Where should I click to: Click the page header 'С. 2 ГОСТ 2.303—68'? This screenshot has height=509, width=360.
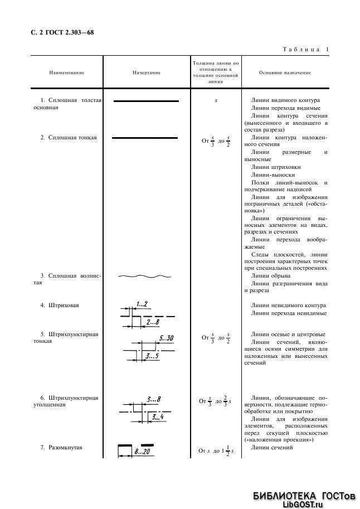(x=62, y=33)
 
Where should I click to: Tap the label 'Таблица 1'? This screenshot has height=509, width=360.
(x=306, y=50)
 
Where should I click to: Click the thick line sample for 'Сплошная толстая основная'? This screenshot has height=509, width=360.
(x=146, y=101)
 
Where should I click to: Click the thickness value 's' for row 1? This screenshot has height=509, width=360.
(x=216, y=100)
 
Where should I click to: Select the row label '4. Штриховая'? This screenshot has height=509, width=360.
(x=59, y=306)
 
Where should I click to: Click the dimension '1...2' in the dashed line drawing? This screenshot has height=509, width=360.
(x=141, y=304)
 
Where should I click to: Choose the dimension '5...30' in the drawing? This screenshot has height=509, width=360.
(x=167, y=338)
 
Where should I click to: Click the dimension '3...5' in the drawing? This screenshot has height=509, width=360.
(x=151, y=355)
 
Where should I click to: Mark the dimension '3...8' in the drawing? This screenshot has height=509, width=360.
(x=153, y=399)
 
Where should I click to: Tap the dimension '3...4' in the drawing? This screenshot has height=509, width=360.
(x=158, y=416)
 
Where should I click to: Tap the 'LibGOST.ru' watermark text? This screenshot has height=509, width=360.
(x=303, y=503)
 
